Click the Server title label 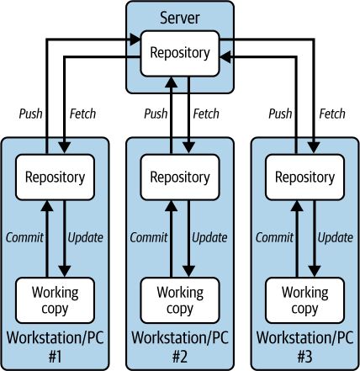coord(180,18)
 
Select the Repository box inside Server coord(180,54)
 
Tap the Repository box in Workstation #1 coord(55,178)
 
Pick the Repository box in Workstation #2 coord(180,178)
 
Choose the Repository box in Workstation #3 coord(304,178)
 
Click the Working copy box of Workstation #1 coord(55,300)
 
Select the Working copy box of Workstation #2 coord(180,300)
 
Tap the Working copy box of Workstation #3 coord(304,300)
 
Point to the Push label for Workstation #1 coord(31,114)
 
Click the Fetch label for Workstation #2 coord(206,114)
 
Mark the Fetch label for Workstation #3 coord(332,114)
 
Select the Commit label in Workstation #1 coord(24,237)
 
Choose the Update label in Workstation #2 coord(209,238)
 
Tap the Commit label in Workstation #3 coord(274,237)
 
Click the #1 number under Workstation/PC coord(55,357)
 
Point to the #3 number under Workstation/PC coord(304,357)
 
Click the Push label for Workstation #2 coord(156,114)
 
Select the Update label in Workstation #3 coord(336,238)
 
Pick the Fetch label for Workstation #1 coord(82,114)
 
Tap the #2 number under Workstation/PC coord(180,357)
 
